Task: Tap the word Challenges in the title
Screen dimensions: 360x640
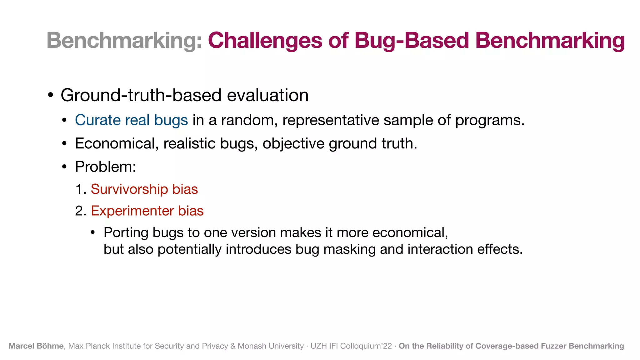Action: tap(265, 41)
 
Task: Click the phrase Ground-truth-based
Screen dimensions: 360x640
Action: tap(141, 95)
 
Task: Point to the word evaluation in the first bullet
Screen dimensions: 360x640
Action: tap(267, 95)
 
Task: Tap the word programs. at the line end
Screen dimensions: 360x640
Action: tap(490, 120)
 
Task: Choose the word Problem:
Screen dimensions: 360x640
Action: tap(106, 167)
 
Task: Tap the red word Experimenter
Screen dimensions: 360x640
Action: tap(132, 211)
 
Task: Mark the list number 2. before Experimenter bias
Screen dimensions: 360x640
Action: tap(81, 211)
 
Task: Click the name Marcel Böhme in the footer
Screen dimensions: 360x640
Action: tap(36, 346)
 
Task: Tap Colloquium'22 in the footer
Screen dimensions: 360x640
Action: tap(366, 346)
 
